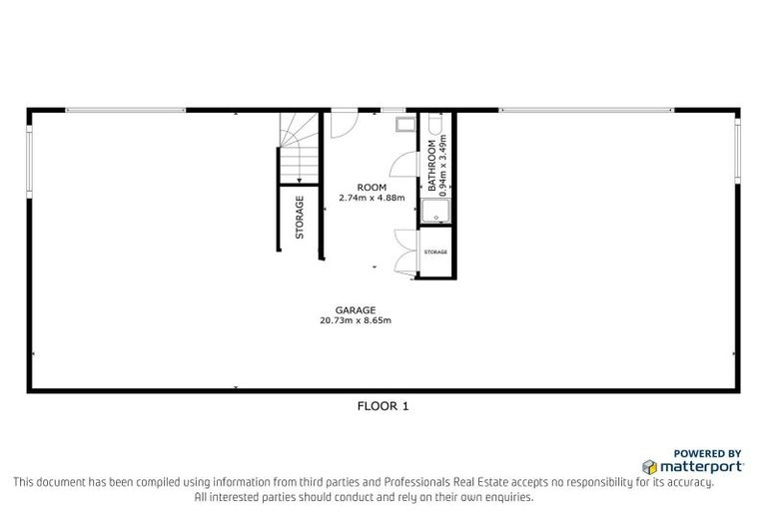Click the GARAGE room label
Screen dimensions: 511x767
[355, 309]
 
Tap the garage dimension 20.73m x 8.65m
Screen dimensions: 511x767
[355, 320]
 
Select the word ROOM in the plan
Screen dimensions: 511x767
[372, 188]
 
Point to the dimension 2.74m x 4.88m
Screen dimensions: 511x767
[372, 198]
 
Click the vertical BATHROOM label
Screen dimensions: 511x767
[432, 165]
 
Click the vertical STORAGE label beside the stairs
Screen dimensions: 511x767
[300, 217]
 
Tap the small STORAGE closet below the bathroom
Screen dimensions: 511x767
[436, 252]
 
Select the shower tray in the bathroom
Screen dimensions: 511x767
[436, 212]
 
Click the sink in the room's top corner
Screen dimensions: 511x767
[404, 125]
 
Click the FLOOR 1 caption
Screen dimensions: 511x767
[383, 406]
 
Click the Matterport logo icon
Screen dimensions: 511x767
[649, 466]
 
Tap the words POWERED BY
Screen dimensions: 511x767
[707, 452]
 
